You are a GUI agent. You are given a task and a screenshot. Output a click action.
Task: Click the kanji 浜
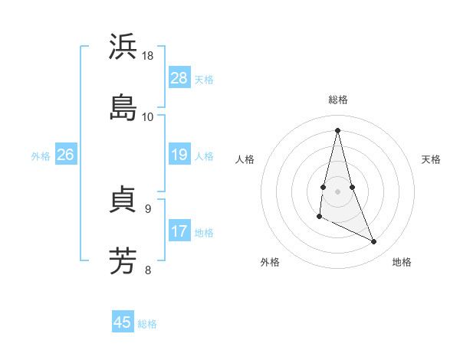tap(123, 47)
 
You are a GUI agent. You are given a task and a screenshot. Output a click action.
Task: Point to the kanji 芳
tap(123, 260)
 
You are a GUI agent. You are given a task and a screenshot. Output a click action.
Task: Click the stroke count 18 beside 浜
tap(148, 56)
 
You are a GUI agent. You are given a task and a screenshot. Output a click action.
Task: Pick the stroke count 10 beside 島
tap(148, 116)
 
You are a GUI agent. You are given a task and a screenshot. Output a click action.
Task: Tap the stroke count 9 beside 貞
tap(147, 208)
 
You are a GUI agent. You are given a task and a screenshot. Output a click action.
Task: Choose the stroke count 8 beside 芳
tap(147, 269)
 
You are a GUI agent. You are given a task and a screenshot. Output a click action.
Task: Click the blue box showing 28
tap(179, 78)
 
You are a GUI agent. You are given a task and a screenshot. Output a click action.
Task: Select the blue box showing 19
tap(179, 155)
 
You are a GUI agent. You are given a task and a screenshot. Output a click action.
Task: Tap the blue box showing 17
tap(179, 231)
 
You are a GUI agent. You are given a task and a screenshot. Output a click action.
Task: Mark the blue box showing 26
tap(65, 155)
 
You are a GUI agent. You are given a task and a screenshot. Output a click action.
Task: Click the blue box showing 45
tap(123, 322)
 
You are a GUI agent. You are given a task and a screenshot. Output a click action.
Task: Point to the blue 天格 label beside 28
tap(204, 80)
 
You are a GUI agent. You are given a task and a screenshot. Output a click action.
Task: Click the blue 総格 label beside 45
tap(147, 324)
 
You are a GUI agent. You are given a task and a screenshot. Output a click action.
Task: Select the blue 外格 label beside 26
tap(41, 156)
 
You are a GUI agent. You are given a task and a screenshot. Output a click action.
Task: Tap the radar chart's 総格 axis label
tap(337, 100)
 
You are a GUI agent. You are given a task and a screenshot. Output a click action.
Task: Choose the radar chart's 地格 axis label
tap(402, 262)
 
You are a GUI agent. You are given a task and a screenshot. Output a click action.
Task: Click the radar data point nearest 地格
tap(374, 242)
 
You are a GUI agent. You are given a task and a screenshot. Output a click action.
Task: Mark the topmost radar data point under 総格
tap(337, 129)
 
